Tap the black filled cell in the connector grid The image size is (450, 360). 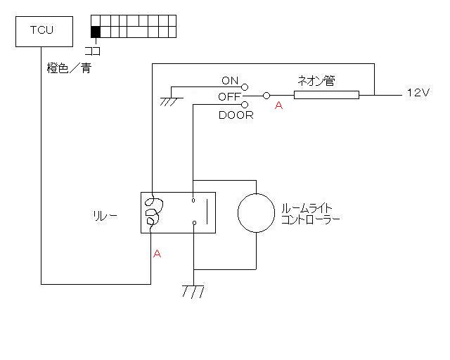(96, 31)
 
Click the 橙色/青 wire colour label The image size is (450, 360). (69, 69)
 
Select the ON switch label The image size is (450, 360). (230, 80)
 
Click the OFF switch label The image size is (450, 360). (229, 96)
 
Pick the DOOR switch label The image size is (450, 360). (236, 115)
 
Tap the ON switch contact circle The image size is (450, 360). (245, 86)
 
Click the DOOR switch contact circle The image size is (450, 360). (245, 105)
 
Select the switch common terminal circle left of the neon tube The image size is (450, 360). (266, 96)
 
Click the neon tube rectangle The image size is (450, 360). (326, 96)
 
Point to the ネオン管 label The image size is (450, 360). (316, 81)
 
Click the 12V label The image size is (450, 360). (418, 93)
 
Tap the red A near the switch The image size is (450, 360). (279, 105)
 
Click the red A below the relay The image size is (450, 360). (157, 254)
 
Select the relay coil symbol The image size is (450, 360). (152, 212)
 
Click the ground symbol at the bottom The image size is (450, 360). (193, 290)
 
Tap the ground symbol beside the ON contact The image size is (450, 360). (169, 101)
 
